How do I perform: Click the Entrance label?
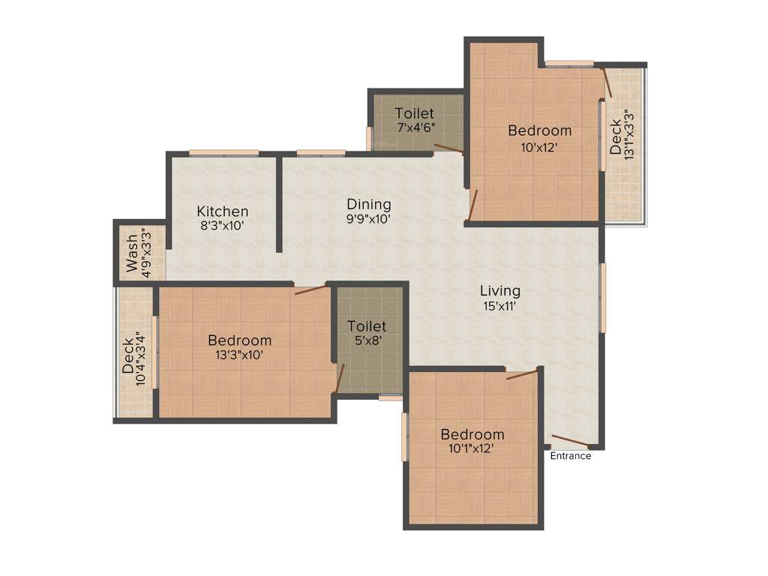point(571,456)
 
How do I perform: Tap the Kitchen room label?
point(223,211)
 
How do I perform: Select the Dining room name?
point(369,204)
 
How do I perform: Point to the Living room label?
point(500,291)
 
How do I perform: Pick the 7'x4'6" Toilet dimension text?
point(415,127)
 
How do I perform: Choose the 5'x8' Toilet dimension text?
point(367,340)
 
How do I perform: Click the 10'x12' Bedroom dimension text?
point(540,147)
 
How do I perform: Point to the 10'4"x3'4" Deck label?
point(135,361)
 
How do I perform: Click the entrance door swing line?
point(571,441)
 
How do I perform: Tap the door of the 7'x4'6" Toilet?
point(448,148)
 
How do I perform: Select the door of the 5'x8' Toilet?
point(339,378)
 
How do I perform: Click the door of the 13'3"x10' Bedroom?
point(310,289)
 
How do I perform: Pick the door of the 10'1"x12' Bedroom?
point(522,374)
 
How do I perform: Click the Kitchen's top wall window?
point(223,153)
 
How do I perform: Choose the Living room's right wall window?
point(602,297)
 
